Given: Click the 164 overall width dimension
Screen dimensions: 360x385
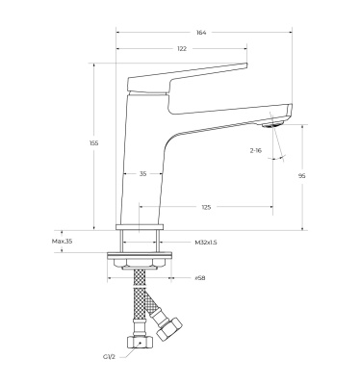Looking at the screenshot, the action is pos(201,32).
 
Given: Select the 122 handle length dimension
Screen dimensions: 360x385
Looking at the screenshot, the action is pos(182,48).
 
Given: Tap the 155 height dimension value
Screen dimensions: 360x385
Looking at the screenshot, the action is pos(93,143).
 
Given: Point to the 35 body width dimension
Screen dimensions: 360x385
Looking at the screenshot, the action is pos(142,173).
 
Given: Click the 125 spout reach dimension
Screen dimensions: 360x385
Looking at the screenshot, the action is pos(206,207).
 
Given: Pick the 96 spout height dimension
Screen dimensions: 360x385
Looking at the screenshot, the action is pos(302,176).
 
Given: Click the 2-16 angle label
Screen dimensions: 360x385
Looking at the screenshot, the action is pos(256,150).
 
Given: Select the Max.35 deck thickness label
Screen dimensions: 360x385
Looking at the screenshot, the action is pos(62,242).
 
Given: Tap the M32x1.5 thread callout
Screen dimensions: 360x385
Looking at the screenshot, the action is pos(206,243).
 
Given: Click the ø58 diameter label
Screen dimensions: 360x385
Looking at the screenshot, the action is pos(200,278).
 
